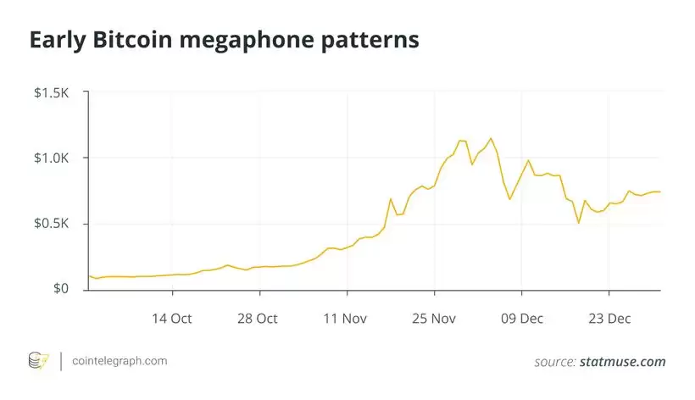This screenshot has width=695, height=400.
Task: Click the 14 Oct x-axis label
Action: (x=172, y=319)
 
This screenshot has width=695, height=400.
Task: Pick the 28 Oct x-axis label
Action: (x=259, y=319)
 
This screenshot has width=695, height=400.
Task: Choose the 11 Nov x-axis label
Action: (x=346, y=319)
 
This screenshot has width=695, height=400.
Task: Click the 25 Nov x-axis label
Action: (x=434, y=319)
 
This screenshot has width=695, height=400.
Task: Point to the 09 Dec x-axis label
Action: (x=520, y=319)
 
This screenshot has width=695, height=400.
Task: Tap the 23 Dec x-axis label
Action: (x=608, y=319)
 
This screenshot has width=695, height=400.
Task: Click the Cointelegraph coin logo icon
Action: (x=39, y=361)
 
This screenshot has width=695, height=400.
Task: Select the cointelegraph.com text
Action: (x=119, y=361)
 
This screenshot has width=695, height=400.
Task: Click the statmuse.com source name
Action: (x=623, y=362)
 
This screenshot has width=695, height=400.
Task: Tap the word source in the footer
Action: (x=554, y=362)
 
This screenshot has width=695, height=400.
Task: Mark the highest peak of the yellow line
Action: (x=491, y=138)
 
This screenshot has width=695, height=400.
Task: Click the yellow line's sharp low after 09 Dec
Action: (x=578, y=223)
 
